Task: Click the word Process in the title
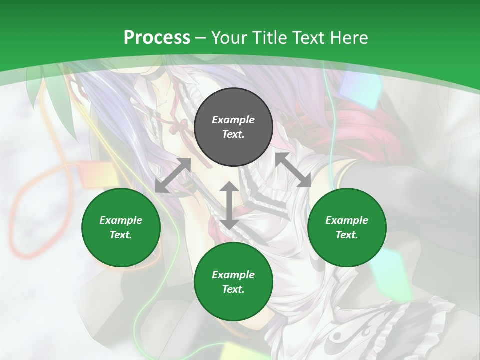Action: click(x=157, y=38)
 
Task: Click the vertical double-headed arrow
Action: click(x=229, y=205)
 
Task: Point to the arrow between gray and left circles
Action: click(x=173, y=175)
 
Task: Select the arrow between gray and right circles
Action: click(x=293, y=170)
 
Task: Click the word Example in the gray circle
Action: click(x=233, y=120)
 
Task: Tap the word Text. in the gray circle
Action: click(x=233, y=134)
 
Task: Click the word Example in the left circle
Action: click(x=121, y=220)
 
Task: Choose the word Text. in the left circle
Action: click(x=121, y=235)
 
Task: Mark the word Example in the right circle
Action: click(x=347, y=220)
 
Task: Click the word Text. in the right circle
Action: click(x=347, y=235)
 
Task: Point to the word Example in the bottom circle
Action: click(x=233, y=275)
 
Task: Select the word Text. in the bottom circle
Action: click(x=233, y=289)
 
